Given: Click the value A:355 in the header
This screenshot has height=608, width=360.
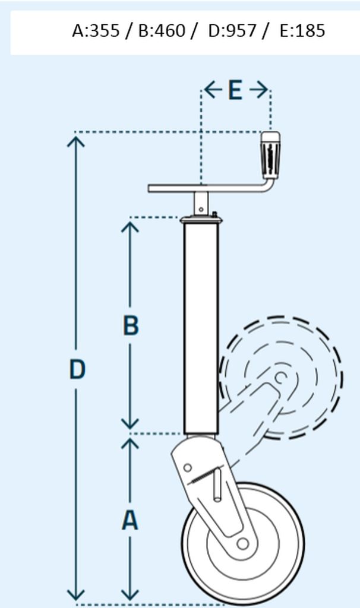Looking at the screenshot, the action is [96, 31].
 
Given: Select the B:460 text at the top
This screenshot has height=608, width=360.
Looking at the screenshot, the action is [162, 31].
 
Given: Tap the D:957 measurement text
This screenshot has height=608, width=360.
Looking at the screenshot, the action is [232, 31].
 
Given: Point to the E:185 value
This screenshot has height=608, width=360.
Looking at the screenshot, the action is [302, 31].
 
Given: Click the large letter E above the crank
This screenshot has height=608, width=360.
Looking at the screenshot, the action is [235, 90].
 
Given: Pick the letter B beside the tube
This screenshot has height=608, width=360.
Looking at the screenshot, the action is [131, 326].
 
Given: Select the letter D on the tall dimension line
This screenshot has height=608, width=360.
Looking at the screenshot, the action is [77, 369].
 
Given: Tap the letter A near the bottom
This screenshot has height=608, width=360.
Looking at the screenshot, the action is [130, 520].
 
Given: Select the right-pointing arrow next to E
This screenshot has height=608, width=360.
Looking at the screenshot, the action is [259, 90].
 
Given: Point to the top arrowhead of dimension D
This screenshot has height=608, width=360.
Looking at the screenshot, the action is [75, 142].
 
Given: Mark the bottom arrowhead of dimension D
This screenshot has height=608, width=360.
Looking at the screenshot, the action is [75, 594].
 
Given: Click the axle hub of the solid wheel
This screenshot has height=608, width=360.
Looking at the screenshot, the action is [243, 544].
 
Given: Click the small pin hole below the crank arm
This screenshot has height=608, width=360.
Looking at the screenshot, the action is [201, 210].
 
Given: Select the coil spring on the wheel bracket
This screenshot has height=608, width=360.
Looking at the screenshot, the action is [203, 476].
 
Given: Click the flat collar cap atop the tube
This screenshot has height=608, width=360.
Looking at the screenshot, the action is [201, 220].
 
